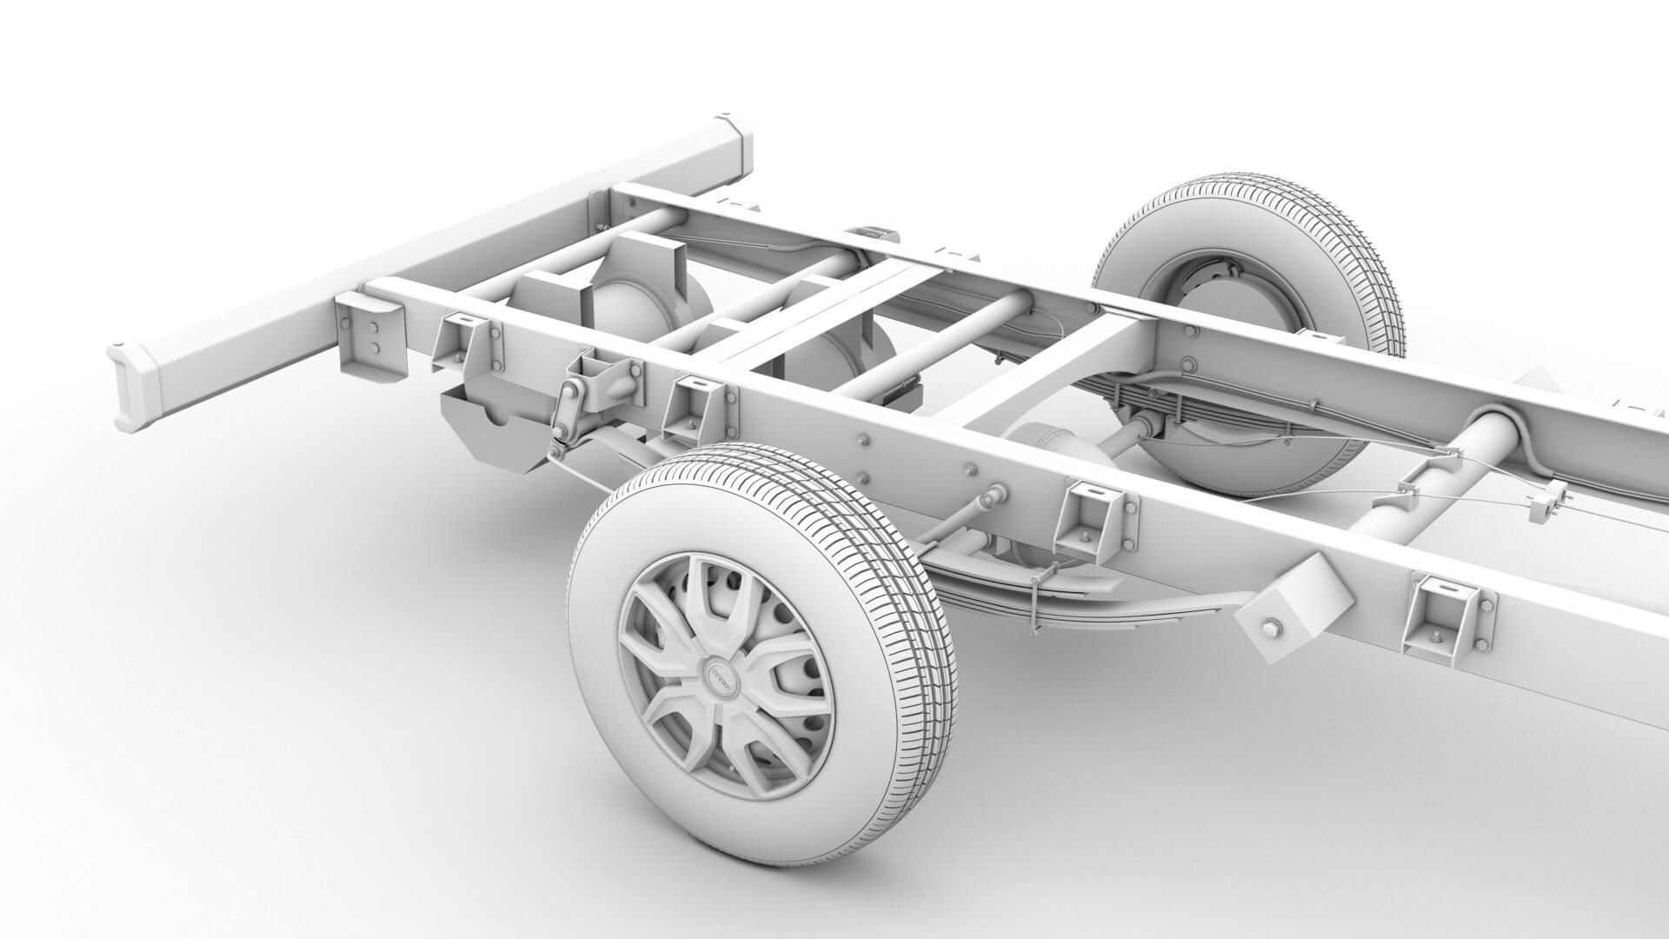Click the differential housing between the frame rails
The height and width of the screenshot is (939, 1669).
(1043, 443)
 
